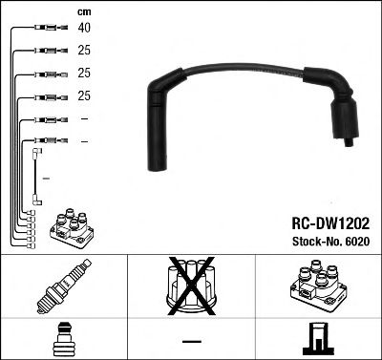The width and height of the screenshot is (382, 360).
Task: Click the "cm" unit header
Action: tap(83, 11)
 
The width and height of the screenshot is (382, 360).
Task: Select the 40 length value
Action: tap(85, 28)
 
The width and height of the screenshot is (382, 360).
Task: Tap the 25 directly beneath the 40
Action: tap(85, 50)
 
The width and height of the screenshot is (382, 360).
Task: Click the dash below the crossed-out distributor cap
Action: tap(190, 340)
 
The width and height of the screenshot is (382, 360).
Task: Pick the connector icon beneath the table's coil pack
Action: tap(317, 338)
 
